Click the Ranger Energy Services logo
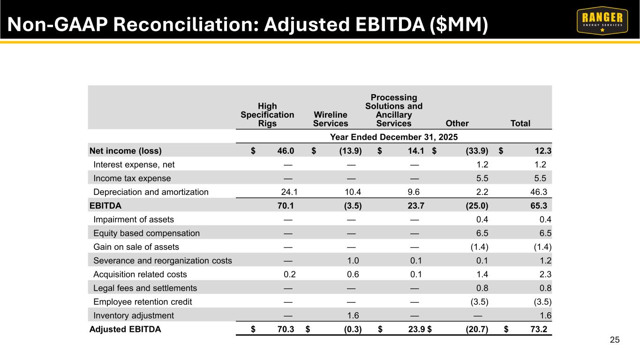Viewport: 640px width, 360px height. (602, 21)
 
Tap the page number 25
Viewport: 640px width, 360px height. (615, 340)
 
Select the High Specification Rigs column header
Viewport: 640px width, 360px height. (267, 114)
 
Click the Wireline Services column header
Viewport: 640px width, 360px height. (331, 119)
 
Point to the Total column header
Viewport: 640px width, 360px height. (520, 123)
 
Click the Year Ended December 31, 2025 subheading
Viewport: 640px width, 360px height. (394, 137)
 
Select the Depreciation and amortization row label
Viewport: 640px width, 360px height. (151, 192)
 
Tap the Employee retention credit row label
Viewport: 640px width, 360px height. (143, 302)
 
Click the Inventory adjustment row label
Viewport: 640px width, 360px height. (134, 315)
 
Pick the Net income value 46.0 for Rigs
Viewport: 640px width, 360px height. (286, 151)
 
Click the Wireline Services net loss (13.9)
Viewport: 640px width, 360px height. (350, 151)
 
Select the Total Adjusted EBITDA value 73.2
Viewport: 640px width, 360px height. (539, 329)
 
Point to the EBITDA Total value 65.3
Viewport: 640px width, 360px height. (539, 206)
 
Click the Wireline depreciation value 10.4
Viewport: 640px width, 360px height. (353, 192)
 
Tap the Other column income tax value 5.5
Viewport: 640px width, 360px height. (482, 178)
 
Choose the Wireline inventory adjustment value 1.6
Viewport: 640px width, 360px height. (353, 315)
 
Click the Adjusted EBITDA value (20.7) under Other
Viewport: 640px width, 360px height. (477, 329)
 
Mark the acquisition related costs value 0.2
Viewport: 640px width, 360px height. (289, 274)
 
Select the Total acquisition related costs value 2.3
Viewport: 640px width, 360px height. (545, 274)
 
